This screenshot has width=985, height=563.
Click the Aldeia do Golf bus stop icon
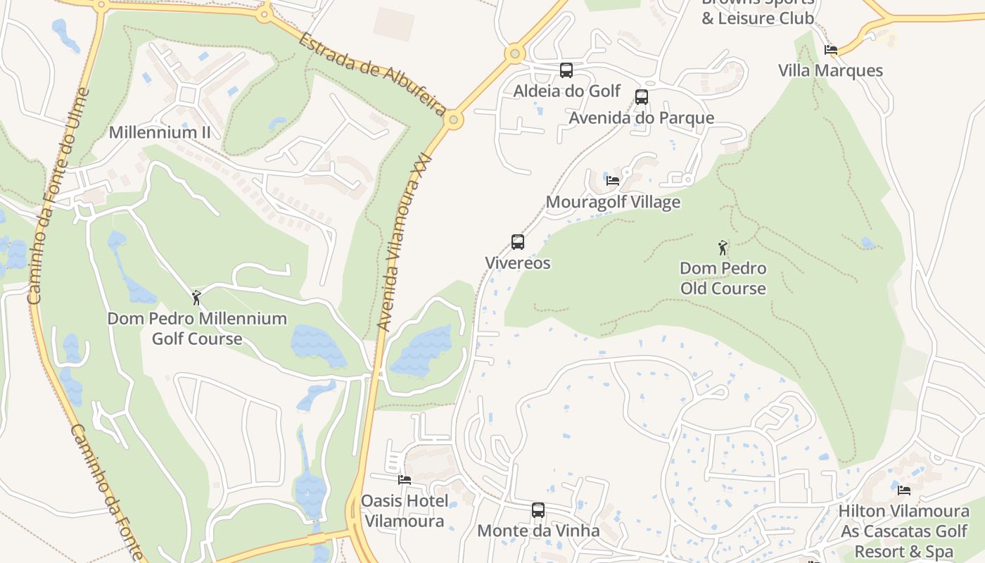click(566, 70)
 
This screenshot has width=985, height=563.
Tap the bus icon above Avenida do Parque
click(642, 97)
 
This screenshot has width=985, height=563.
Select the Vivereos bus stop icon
click(518, 242)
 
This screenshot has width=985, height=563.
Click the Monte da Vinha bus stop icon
click(538, 510)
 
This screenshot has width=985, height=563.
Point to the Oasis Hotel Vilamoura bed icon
click(405, 480)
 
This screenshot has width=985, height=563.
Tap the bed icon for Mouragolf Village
click(613, 180)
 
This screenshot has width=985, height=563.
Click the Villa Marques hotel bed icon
click(831, 50)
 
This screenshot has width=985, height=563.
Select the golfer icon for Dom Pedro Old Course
click(723, 248)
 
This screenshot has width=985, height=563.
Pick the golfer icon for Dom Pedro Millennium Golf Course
click(197, 298)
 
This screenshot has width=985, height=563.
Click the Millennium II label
click(160, 132)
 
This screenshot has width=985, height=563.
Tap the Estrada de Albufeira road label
click(372, 73)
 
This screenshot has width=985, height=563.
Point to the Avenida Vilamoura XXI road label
click(402, 242)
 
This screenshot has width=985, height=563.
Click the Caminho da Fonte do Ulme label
click(59, 197)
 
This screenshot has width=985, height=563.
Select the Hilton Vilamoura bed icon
click(904, 490)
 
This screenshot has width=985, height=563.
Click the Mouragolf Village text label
click(613, 202)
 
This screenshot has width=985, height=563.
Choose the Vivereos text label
click(518, 263)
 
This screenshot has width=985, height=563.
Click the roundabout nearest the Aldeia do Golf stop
click(515, 53)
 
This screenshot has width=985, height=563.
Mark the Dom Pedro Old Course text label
click(723, 278)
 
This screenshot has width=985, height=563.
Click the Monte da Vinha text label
click(538, 531)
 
